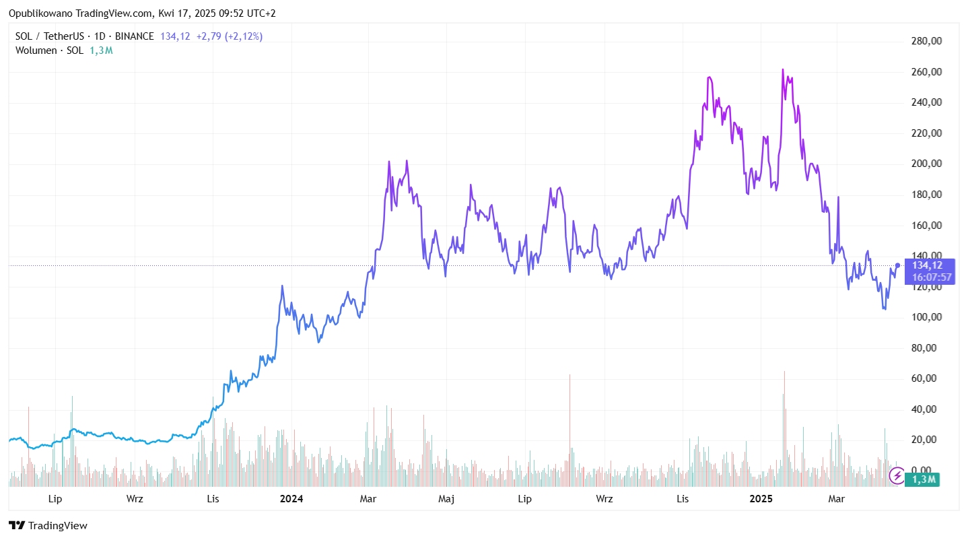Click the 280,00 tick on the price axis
point(926,41)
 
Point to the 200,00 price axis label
point(926,164)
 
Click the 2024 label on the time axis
point(291,499)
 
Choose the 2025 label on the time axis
point(761,499)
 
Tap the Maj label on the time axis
point(446,499)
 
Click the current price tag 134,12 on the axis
point(927,265)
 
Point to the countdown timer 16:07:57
point(932,277)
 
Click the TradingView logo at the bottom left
point(48,526)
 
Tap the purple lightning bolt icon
point(897,476)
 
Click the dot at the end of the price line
point(898,265)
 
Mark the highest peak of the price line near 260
point(783,69)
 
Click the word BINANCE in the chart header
point(135,36)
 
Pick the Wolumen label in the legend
point(36,50)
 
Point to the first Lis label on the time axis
point(213,499)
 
